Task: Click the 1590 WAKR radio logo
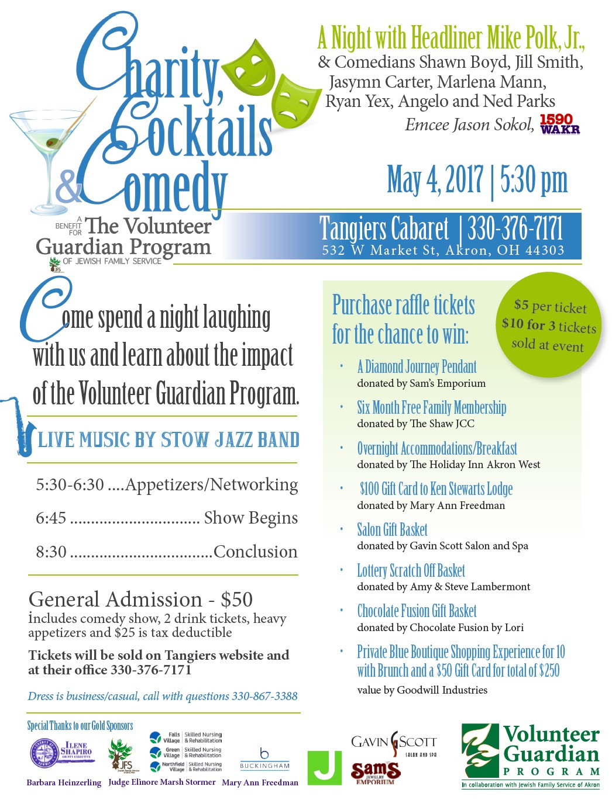point(560,124)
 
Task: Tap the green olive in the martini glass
point(53,141)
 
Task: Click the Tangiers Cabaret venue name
point(384,228)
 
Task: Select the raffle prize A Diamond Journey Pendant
point(417,367)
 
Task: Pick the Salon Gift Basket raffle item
point(392,530)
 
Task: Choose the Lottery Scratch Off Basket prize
point(411,571)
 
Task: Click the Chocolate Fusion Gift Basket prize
point(417,611)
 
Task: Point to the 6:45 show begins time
point(51,518)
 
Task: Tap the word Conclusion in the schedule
point(255,552)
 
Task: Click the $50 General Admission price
point(237,600)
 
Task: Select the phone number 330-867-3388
point(264,696)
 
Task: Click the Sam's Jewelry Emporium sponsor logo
point(375,773)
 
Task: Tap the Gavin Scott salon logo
point(394,743)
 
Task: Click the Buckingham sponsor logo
point(264,759)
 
